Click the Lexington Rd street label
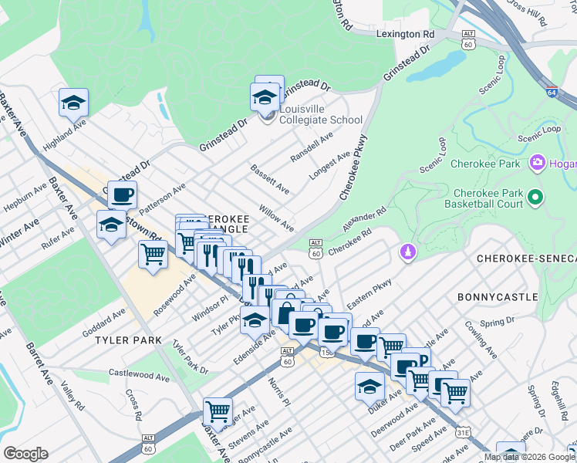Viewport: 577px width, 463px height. coord(406,34)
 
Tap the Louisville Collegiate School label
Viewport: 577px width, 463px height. coord(320,114)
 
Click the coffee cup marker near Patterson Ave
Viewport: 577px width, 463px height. coord(122,195)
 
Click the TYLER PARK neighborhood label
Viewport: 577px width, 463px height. coord(128,340)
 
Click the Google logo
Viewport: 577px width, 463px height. coord(25,454)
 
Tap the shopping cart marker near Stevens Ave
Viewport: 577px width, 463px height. coord(218,411)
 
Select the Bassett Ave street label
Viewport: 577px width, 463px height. coord(270,178)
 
